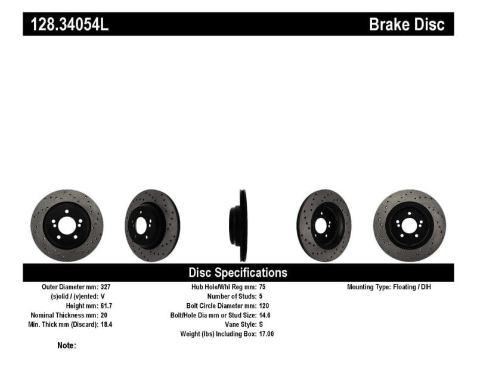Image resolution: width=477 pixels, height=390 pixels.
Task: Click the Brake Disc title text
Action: click(407, 24)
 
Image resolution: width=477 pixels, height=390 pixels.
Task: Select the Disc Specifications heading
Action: click(238, 273)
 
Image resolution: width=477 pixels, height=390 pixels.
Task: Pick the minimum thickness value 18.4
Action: click(110, 325)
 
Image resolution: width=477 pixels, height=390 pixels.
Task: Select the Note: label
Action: click(67, 345)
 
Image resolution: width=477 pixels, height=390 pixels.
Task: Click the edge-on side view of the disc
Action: click(242, 226)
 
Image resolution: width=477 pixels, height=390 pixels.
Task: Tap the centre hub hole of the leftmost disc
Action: click(67, 226)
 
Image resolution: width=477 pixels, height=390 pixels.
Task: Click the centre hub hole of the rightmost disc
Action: click(409, 226)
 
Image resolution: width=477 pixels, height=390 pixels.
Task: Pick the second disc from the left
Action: click(152, 226)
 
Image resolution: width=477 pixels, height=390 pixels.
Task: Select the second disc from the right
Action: click(324, 226)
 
